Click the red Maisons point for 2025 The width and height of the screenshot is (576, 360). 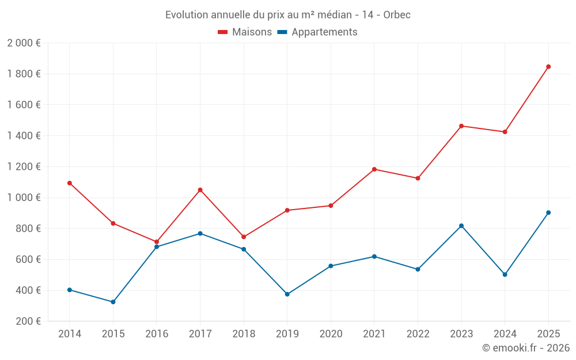click(x=548, y=67)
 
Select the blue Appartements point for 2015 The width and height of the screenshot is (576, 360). click(x=113, y=302)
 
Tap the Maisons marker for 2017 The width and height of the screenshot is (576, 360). click(x=200, y=190)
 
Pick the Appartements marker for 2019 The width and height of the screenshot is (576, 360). click(x=287, y=294)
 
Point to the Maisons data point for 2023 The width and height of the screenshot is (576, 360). click(x=461, y=126)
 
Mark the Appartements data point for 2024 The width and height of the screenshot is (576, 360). click(x=505, y=275)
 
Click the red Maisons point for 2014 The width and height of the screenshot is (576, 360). click(x=70, y=183)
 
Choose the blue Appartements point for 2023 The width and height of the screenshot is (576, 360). click(x=461, y=226)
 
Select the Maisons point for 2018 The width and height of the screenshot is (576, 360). click(x=244, y=237)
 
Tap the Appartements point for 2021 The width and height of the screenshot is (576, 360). click(x=374, y=256)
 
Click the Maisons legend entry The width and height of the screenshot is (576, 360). click(x=245, y=32)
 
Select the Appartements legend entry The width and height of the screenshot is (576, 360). click(x=318, y=32)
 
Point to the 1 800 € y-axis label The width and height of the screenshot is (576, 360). click(x=24, y=74)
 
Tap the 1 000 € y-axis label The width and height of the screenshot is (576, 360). click(x=24, y=198)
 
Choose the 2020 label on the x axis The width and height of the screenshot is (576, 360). click(x=331, y=334)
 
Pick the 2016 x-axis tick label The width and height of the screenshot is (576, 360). click(x=157, y=334)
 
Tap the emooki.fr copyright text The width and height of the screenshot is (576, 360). click(x=525, y=348)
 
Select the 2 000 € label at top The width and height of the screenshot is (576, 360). click(x=24, y=43)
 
